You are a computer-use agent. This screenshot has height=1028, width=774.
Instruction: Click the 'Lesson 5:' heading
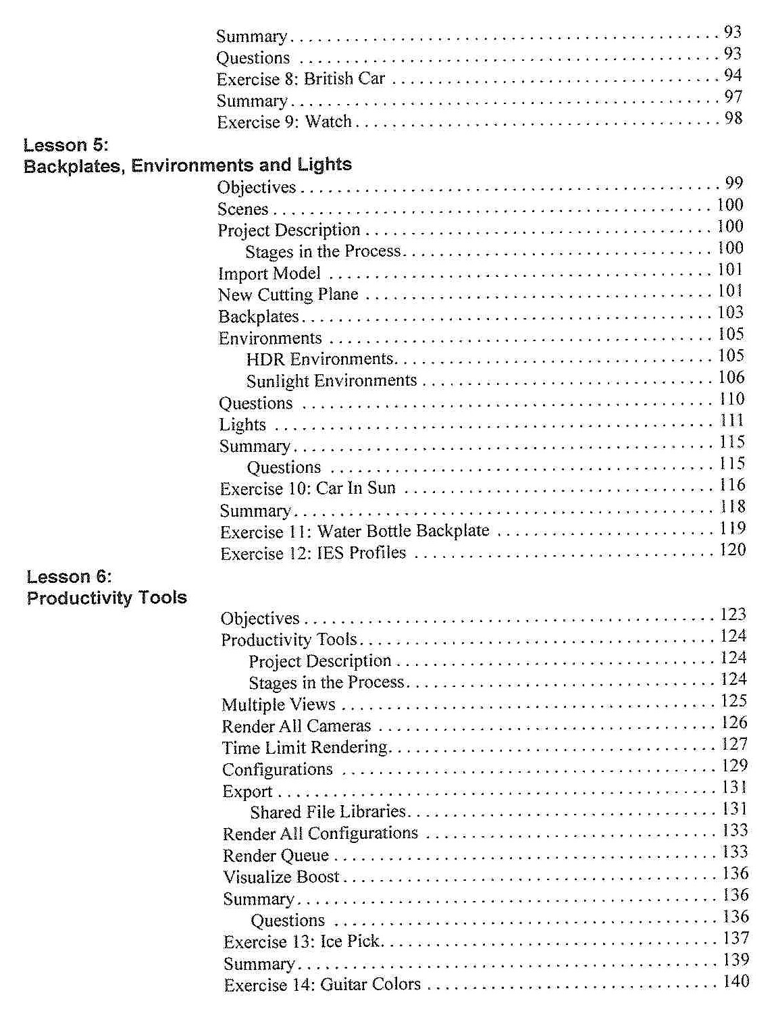[x=66, y=145]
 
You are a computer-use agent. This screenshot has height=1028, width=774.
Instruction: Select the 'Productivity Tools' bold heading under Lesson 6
[x=107, y=598]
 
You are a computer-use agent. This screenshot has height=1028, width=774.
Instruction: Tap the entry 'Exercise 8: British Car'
[x=301, y=79]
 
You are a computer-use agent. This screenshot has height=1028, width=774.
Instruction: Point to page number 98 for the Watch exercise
[x=733, y=119]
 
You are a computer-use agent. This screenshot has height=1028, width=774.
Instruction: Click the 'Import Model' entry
[x=269, y=274]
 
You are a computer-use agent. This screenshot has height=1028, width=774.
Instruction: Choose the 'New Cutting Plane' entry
[x=288, y=294]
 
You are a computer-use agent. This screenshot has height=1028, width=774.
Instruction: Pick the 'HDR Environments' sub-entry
[x=319, y=359]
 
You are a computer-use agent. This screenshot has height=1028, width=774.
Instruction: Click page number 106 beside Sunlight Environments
[x=731, y=378]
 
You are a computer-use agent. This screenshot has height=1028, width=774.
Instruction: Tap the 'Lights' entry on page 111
[x=242, y=425]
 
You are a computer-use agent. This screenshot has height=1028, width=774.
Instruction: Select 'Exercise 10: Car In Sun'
[x=307, y=488]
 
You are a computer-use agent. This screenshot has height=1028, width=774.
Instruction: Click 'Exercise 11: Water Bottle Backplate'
[x=355, y=532]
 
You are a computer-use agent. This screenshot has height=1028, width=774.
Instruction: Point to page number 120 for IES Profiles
[x=732, y=550]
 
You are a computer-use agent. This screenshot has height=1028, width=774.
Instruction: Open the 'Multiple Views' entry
[x=278, y=704]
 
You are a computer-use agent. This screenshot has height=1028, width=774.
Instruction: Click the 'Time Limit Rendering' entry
[x=305, y=748]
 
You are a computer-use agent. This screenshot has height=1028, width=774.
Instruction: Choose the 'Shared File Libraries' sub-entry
[x=328, y=811]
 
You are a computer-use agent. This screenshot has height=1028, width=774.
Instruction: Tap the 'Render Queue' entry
[x=276, y=856]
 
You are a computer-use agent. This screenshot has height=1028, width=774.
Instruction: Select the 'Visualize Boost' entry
[x=281, y=877]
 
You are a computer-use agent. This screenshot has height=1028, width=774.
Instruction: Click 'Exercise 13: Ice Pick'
[x=301, y=942]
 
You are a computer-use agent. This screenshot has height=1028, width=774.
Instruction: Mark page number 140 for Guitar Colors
[x=736, y=981]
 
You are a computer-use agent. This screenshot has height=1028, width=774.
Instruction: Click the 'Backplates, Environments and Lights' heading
[x=188, y=165]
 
